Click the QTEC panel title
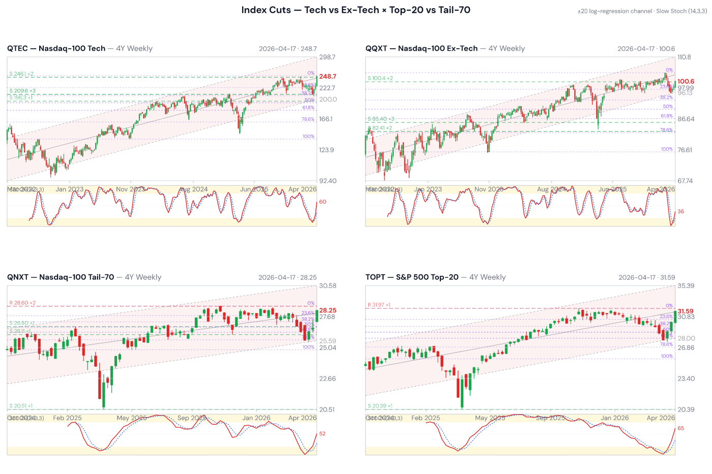[x=56, y=49]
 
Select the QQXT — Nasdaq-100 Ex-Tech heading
[x=422, y=49]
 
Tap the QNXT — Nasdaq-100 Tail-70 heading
[x=61, y=277]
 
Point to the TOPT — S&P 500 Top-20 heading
[x=412, y=277]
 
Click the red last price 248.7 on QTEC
[x=328, y=77]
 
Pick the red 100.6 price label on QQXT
[x=686, y=81]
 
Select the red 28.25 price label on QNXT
[x=328, y=310]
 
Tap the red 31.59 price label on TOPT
[x=686, y=311]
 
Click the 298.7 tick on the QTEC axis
[x=327, y=57]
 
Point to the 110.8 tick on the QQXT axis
[x=684, y=57]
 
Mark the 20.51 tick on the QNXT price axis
[x=327, y=409]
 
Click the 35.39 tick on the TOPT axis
[x=686, y=286]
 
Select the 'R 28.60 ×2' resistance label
[x=22, y=303]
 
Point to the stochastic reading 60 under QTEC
[x=322, y=202]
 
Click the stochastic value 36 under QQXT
[x=681, y=212]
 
